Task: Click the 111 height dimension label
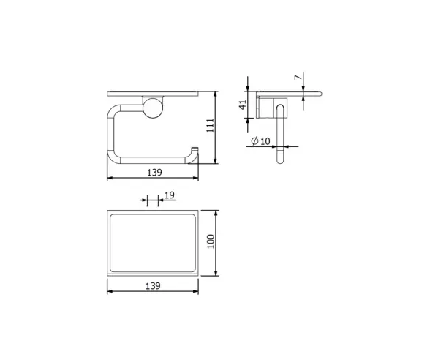(210, 125)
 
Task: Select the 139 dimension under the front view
(155, 173)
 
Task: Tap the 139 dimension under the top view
(153, 286)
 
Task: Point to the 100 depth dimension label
(211, 241)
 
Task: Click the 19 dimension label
(170, 195)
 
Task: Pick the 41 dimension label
(243, 105)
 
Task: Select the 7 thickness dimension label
(298, 78)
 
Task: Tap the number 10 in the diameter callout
(265, 141)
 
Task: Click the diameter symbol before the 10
(254, 141)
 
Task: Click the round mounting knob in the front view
(154, 108)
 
